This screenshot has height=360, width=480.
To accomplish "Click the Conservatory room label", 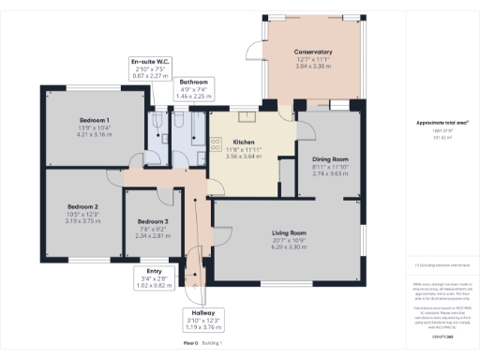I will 313,52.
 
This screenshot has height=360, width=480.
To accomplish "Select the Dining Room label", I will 330,159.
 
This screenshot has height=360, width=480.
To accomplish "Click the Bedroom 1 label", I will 94,120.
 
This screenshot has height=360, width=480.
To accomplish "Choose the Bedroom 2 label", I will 82,206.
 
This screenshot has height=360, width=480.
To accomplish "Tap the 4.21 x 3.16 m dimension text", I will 94,135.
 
